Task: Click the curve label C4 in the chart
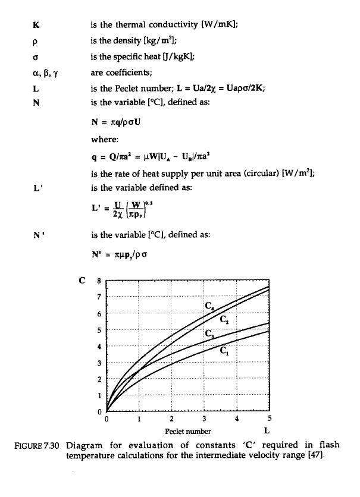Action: [x=209, y=307]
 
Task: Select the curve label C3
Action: [x=209, y=334]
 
